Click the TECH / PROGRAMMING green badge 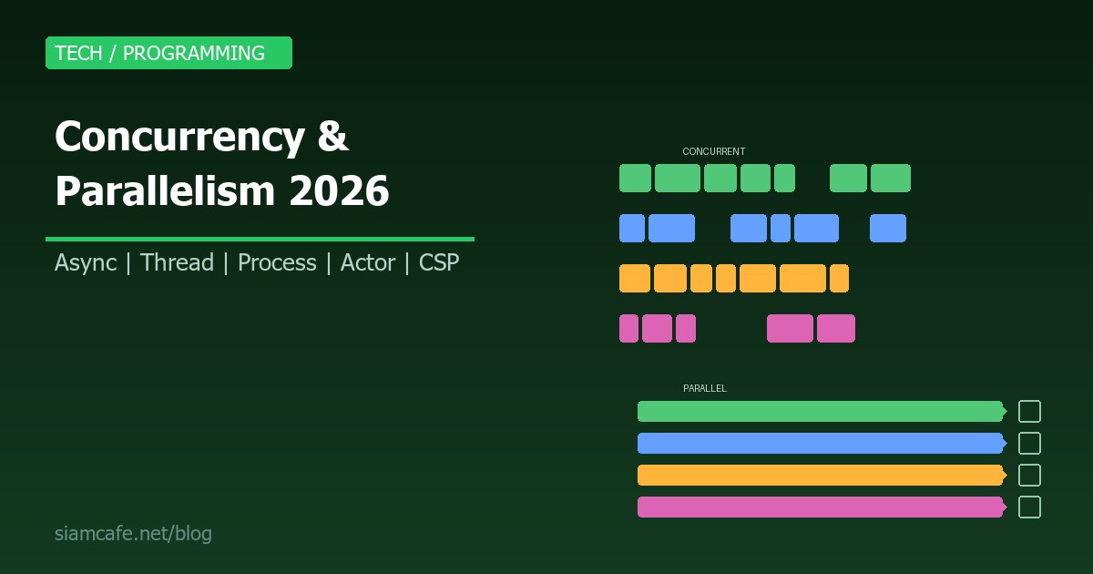tap(169, 53)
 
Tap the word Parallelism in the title tap(165, 191)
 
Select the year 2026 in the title tap(339, 191)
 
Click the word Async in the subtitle tap(86, 263)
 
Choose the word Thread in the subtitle tap(177, 263)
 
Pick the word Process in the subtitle tap(277, 263)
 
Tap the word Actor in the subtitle tap(367, 263)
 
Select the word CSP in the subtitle tap(439, 263)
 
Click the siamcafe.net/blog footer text tap(133, 533)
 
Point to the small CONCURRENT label tap(714, 152)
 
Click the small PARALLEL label tap(705, 389)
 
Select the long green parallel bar tap(820, 411)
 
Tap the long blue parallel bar tap(820, 443)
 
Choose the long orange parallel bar tap(820, 475)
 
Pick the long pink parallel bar tap(820, 507)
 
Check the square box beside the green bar tap(1029, 411)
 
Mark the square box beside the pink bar tap(1029, 507)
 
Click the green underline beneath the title tap(260, 239)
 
